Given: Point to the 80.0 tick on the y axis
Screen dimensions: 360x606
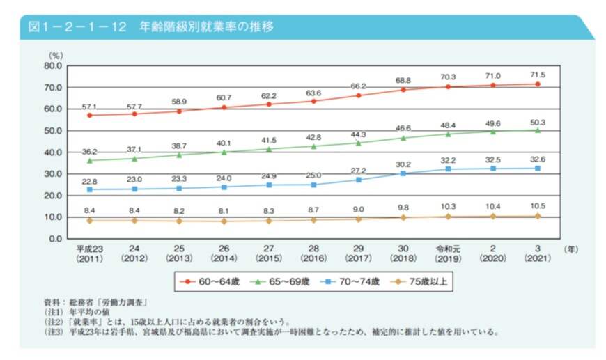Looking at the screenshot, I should [x=54, y=66].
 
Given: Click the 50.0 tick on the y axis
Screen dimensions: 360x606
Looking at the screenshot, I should [x=54, y=131].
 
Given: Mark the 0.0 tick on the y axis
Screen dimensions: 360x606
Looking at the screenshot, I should [x=56, y=239].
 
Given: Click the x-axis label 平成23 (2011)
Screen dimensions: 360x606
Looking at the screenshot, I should [x=89, y=252].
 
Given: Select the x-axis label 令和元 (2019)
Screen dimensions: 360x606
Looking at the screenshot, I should [x=448, y=252].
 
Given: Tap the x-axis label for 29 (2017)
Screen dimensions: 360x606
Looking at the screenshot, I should [x=358, y=252].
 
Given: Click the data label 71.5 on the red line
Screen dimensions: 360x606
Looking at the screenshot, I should [x=537, y=75].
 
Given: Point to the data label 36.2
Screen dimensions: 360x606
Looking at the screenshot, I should [x=89, y=150].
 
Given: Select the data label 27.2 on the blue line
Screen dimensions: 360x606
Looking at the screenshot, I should [x=358, y=170].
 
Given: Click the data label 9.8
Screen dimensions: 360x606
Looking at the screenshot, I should [x=403, y=207].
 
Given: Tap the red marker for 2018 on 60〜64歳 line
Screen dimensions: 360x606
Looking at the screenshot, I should [x=403, y=90].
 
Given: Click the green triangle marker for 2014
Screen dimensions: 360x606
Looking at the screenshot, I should [x=224, y=152].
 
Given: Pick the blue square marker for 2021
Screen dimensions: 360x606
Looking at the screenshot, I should [x=537, y=168].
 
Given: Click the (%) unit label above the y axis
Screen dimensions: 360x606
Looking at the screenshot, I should [x=55, y=54].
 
